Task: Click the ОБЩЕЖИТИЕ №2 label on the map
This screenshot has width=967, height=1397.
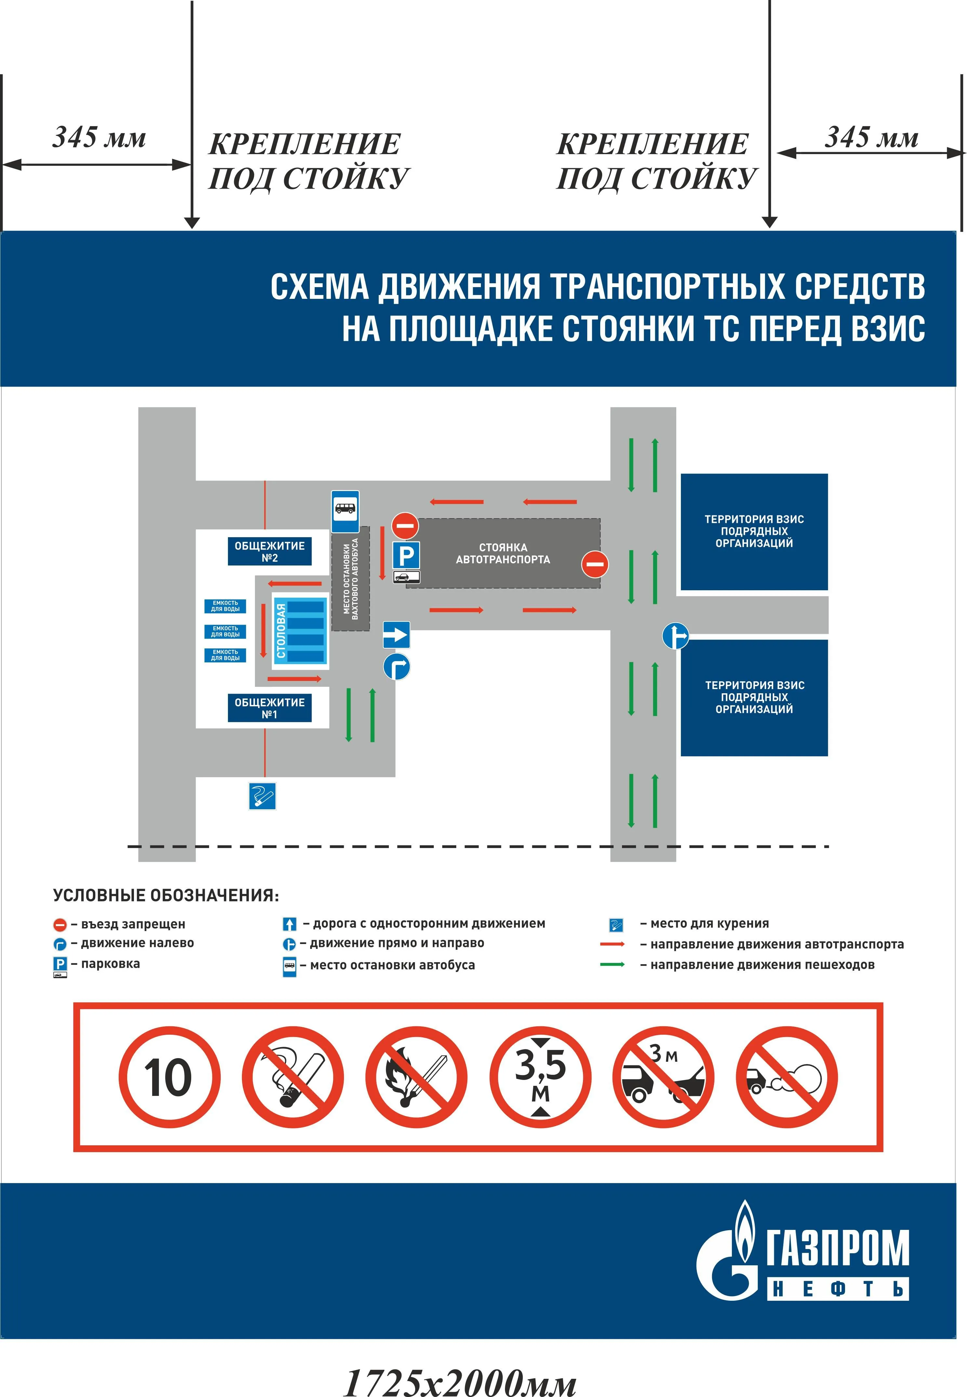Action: point(270,551)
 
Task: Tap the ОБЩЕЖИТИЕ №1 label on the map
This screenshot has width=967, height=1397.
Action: point(270,708)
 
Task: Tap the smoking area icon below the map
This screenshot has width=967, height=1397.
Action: point(262,795)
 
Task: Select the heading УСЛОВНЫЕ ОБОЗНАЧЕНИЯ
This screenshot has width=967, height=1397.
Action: point(166,895)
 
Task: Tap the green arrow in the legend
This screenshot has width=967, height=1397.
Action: point(613,964)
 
